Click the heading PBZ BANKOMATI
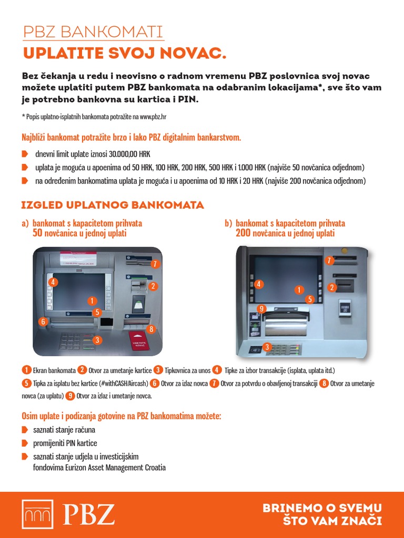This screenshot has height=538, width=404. [x=93, y=32]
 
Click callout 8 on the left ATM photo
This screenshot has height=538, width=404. [x=151, y=329]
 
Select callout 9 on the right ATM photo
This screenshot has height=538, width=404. [x=261, y=308]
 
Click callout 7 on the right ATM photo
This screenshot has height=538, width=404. [x=330, y=261]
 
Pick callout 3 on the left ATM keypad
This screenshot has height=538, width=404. [x=97, y=340]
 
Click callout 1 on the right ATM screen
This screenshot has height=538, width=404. [x=299, y=289]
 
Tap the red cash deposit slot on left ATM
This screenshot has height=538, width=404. [x=139, y=341]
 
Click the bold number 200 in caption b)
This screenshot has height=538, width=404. [x=244, y=233]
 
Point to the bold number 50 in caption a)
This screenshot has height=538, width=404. [x=37, y=233]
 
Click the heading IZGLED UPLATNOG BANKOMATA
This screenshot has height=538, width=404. [x=112, y=204]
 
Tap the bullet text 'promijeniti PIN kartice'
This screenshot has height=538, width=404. [x=65, y=443]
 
